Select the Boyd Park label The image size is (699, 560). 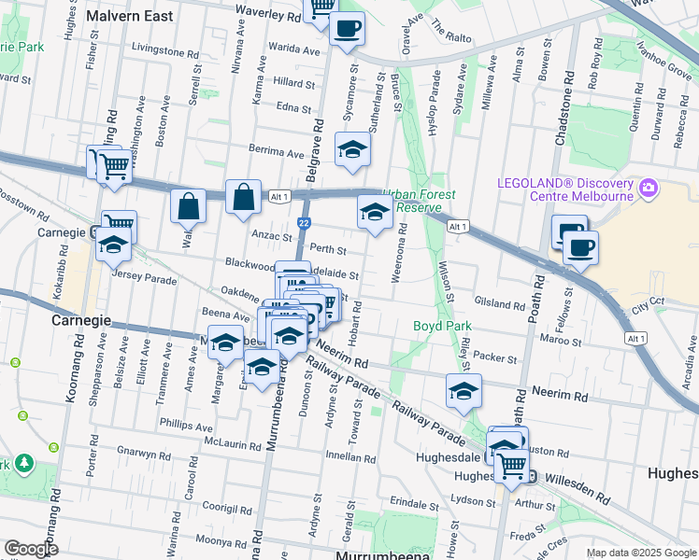[x=442, y=327]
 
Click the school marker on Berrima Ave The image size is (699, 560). [x=351, y=150]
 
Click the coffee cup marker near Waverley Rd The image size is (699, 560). [x=347, y=29]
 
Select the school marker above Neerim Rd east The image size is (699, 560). [x=463, y=392]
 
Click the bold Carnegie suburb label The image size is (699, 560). [x=82, y=320]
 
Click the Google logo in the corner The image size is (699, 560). [x=32, y=549]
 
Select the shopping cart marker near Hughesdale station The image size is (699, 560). [x=511, y=463]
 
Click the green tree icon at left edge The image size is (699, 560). [x=22, y=463]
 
